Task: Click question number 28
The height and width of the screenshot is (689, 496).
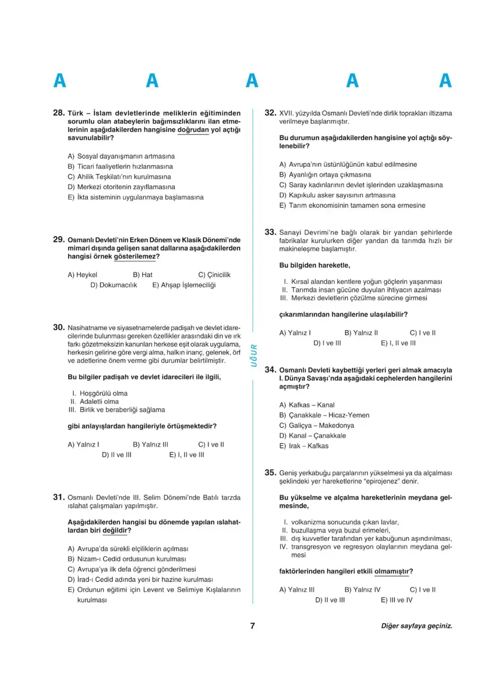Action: [59, 113]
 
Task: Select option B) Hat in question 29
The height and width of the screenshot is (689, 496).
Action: [143, 275]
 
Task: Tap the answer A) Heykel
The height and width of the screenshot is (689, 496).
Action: [82, 275]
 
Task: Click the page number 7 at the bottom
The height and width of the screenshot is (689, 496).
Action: [253, 626]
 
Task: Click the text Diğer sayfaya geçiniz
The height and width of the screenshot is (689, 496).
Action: [417, 626]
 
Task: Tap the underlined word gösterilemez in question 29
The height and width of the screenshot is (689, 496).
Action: [136, 256]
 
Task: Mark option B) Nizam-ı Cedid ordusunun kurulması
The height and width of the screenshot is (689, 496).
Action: [126, 558]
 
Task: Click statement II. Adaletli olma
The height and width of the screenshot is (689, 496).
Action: [94, 402]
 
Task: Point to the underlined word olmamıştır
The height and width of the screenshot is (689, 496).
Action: [393, 571]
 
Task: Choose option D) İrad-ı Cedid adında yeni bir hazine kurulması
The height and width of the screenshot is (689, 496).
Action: [139, 579]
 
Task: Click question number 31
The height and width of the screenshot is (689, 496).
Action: [59, 497]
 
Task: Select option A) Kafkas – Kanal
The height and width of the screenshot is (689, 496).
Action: [307, 404]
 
